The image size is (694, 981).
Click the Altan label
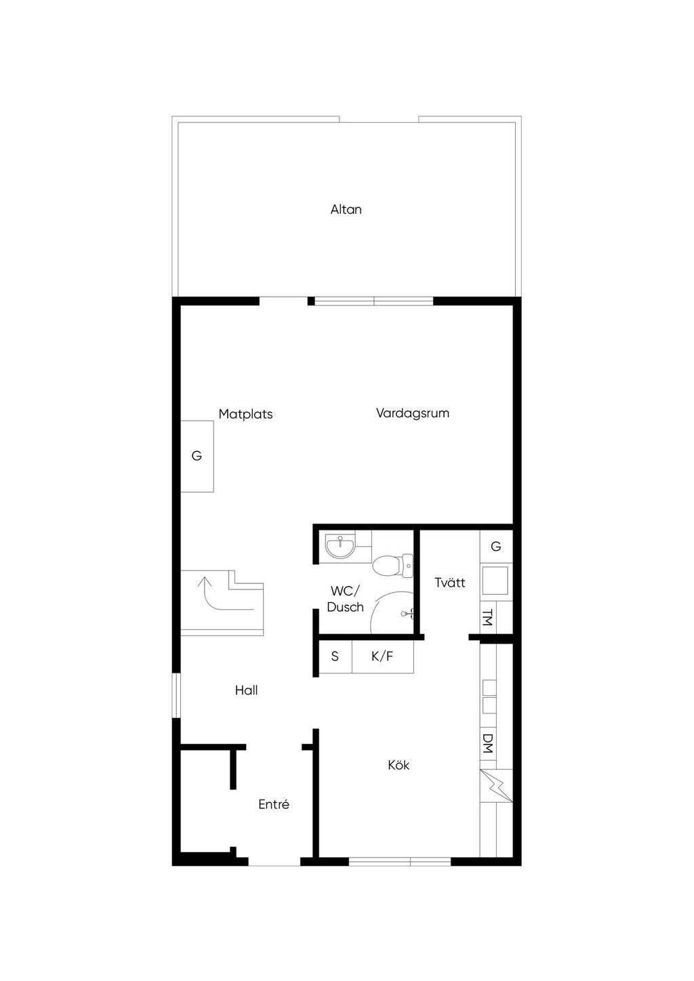[x=346, y=209]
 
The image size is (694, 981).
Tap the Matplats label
[x=245, y=414]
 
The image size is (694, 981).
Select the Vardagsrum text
[x=412, y=413]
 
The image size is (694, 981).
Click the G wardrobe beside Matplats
[x=197, y=456]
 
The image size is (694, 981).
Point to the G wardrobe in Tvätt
[x=495, y=546]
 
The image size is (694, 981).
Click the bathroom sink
[x=339, y=546]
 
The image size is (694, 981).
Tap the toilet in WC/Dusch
[x=393, y=565]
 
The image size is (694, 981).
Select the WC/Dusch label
[x=345, y=599]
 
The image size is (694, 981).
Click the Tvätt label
[x=449, y=582]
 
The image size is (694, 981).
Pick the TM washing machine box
[x=487, y=617]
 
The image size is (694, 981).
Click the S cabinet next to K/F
[x=335, y=656]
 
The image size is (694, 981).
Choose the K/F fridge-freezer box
[x=382, y=656]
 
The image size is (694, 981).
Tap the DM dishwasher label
[x=487, y=744]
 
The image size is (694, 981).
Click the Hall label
[x=246, y=690]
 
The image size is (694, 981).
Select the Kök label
[x=399, y=765]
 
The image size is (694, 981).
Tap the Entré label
[x=274, y=804]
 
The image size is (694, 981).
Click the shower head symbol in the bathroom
[x=407, y=614]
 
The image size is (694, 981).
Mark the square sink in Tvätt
[x=495, y=580]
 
